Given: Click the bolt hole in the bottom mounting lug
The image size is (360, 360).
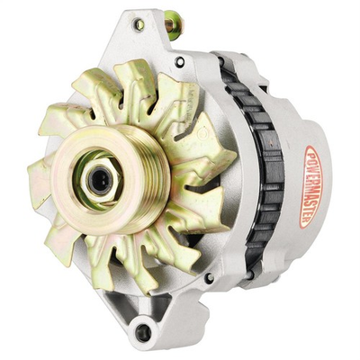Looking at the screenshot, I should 142,332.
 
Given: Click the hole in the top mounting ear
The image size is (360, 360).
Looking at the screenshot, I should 138,24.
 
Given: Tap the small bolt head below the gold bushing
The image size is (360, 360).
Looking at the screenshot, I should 180,62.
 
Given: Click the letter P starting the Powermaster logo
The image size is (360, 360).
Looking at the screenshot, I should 311,155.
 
